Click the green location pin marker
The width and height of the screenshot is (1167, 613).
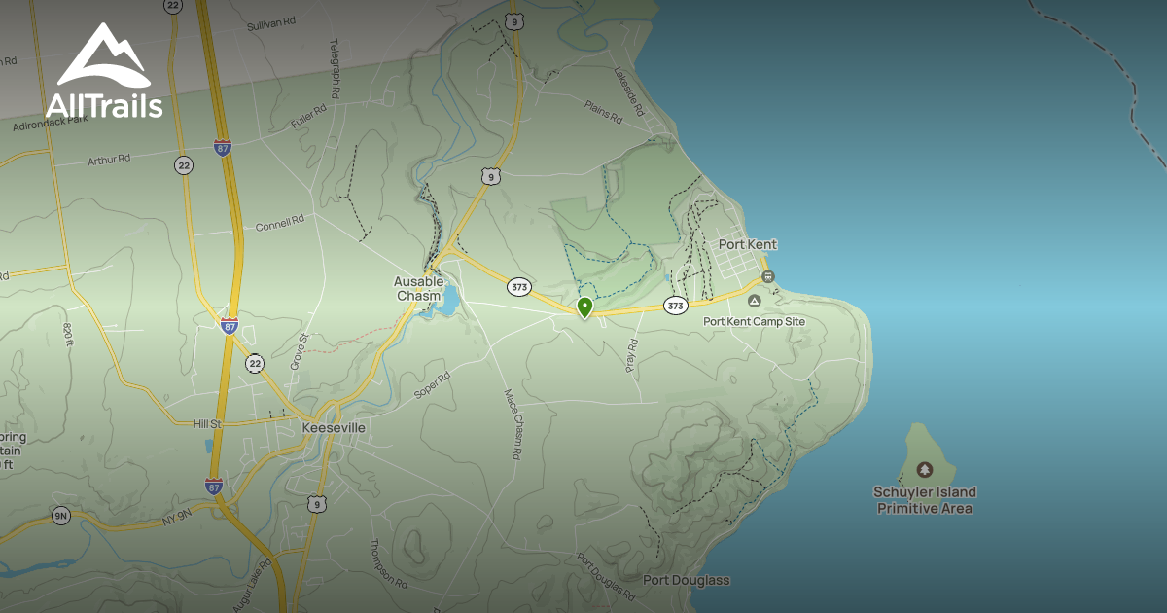[584, 307]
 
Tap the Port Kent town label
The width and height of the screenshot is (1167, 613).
[747, 244]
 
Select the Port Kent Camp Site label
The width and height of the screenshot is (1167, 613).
[754, 321]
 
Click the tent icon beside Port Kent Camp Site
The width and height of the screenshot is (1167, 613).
[755, 303]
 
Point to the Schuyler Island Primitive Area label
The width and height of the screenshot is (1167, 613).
[924, 500]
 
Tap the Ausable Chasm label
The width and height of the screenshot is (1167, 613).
[418, 289]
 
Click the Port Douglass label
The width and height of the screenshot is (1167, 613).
[686, 581]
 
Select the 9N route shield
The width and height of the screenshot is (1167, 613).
[61, 516]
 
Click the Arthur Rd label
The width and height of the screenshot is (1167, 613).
[109, 160]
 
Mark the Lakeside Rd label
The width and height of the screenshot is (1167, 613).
[629, 92]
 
